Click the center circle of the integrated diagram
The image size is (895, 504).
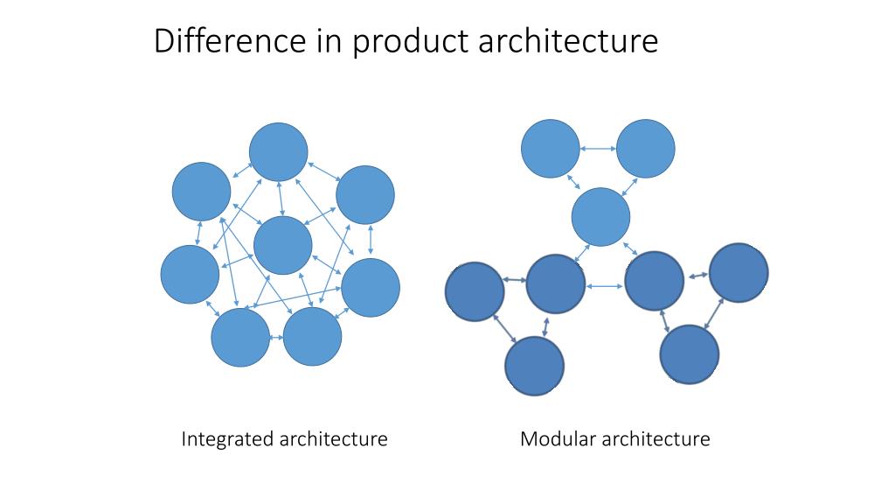click(282, 245)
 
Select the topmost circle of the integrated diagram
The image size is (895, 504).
click(278, 152)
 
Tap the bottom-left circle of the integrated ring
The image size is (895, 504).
click(240, 338)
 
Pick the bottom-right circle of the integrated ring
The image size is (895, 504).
click(312, 337)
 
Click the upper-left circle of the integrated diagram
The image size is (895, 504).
click(201, 192)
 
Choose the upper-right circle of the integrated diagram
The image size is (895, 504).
click(365, 194)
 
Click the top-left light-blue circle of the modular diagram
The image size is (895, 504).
click(551, 149)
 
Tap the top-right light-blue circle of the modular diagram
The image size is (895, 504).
click(646, 149)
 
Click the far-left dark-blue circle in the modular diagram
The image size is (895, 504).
click(475, 290)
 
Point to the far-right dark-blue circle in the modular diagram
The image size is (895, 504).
click(739, 273)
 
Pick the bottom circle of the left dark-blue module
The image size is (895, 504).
click(535, 366)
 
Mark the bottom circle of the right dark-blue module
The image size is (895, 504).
click(689, 355)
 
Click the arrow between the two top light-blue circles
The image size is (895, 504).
click(598, 149)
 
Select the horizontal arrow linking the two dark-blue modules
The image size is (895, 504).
click(605, 285)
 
